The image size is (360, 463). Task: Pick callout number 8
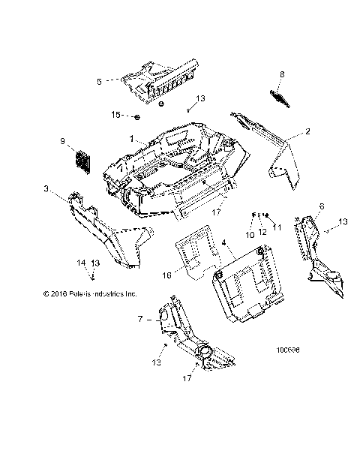[x=282, y=74]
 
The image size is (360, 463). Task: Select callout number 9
[x=62, y=140]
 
